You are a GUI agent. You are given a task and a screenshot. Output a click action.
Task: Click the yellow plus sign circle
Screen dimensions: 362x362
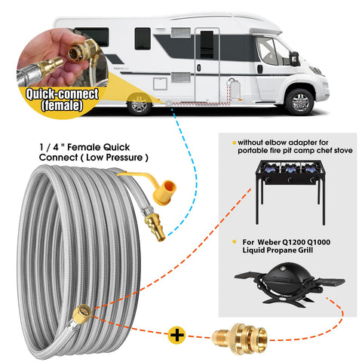point(177,335)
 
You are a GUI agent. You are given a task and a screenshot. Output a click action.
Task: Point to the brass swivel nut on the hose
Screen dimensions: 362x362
point(82,314)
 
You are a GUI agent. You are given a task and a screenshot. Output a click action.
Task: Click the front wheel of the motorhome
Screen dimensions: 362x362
point(300,102)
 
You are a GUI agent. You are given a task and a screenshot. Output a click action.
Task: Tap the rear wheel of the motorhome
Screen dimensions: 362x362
point(140,104)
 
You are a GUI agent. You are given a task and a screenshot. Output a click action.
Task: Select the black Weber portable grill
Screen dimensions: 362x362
point(289,284)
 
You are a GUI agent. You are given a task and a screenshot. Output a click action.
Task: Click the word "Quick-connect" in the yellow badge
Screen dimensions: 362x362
point(62,94)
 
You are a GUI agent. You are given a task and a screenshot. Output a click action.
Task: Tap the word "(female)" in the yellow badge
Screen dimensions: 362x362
point(62,106)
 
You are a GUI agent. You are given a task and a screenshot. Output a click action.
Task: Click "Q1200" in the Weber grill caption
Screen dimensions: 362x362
point(293,242)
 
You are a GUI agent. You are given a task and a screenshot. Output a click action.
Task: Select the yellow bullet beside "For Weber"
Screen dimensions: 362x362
point(235,242)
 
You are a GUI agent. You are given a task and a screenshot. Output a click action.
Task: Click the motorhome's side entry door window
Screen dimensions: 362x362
point(207,45)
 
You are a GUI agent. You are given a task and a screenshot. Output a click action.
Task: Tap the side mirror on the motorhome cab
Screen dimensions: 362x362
point(295,59)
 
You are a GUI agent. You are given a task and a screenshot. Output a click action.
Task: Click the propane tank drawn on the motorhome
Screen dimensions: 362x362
point(235,88)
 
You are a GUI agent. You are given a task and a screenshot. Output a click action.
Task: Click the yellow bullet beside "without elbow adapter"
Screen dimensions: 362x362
point(235,143)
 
